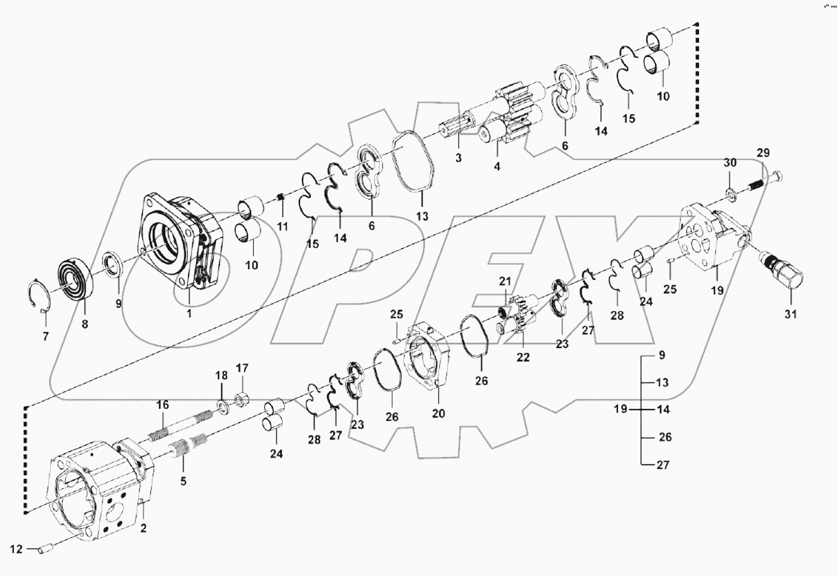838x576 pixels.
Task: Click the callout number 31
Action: pos(791,314)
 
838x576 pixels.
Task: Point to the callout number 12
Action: pos(16,549)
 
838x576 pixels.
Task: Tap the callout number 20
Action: pos(438,413)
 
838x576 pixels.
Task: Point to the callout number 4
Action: pos(497,167)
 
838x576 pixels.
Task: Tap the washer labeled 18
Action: pos(222,408)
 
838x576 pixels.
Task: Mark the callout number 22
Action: pos(523,357)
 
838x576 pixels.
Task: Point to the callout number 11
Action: pos(282,226)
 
